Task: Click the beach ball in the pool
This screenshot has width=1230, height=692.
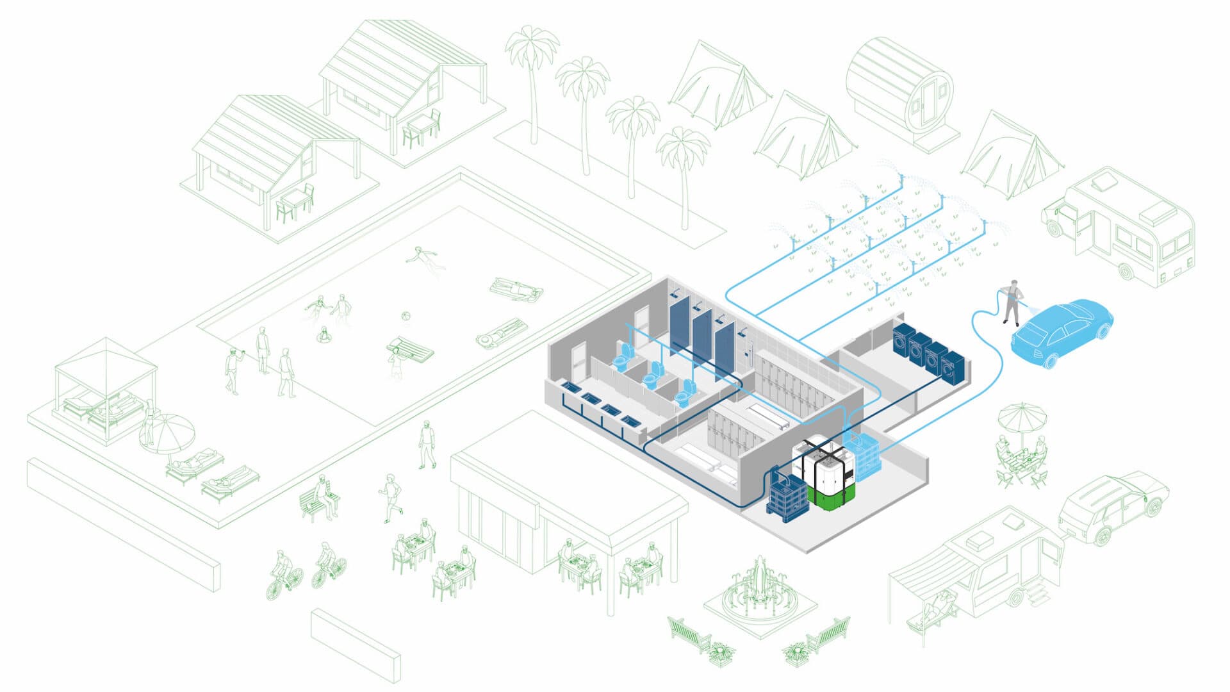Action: (406, 316)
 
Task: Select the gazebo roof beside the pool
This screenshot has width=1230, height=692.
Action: (106, 362)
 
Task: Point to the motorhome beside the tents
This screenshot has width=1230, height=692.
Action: (1121, 227)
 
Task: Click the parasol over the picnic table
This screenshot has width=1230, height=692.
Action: (1022, 416)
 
